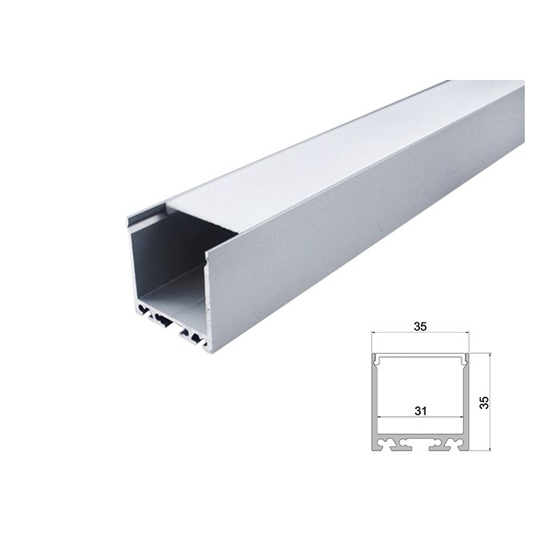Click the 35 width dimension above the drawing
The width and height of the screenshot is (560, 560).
(x=419, y=326)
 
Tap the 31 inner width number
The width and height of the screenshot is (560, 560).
(x=419, y=410)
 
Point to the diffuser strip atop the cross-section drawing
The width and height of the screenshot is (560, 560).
(x=419, y=354)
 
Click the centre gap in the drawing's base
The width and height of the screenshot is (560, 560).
(x=419, y=446)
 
